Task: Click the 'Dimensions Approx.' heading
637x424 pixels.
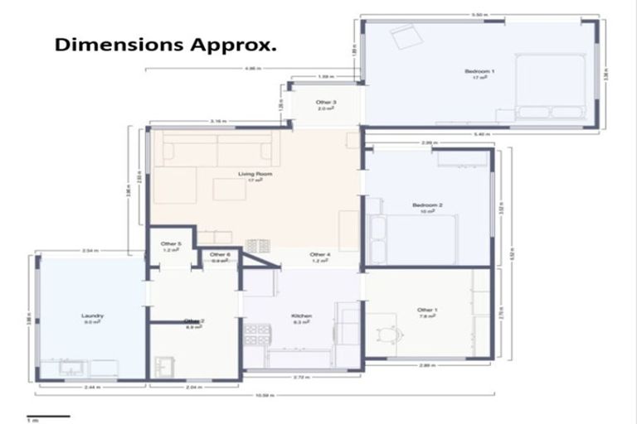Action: coord(166,45)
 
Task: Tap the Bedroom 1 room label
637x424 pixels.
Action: coord(479,74)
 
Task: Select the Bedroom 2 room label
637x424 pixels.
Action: coord(427,207)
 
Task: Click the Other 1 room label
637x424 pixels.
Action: coord(427,312)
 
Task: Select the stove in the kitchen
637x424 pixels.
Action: coord(256,334)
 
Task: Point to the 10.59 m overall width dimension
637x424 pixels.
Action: coord(265,393)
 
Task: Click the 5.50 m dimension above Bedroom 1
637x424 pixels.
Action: coord(479,15)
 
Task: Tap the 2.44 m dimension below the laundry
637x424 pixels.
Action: coord(92,387)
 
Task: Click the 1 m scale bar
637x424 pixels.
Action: coord(47,417)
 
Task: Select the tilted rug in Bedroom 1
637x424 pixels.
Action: coord(406,36)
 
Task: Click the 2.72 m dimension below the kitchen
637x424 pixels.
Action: coord(302,378)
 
